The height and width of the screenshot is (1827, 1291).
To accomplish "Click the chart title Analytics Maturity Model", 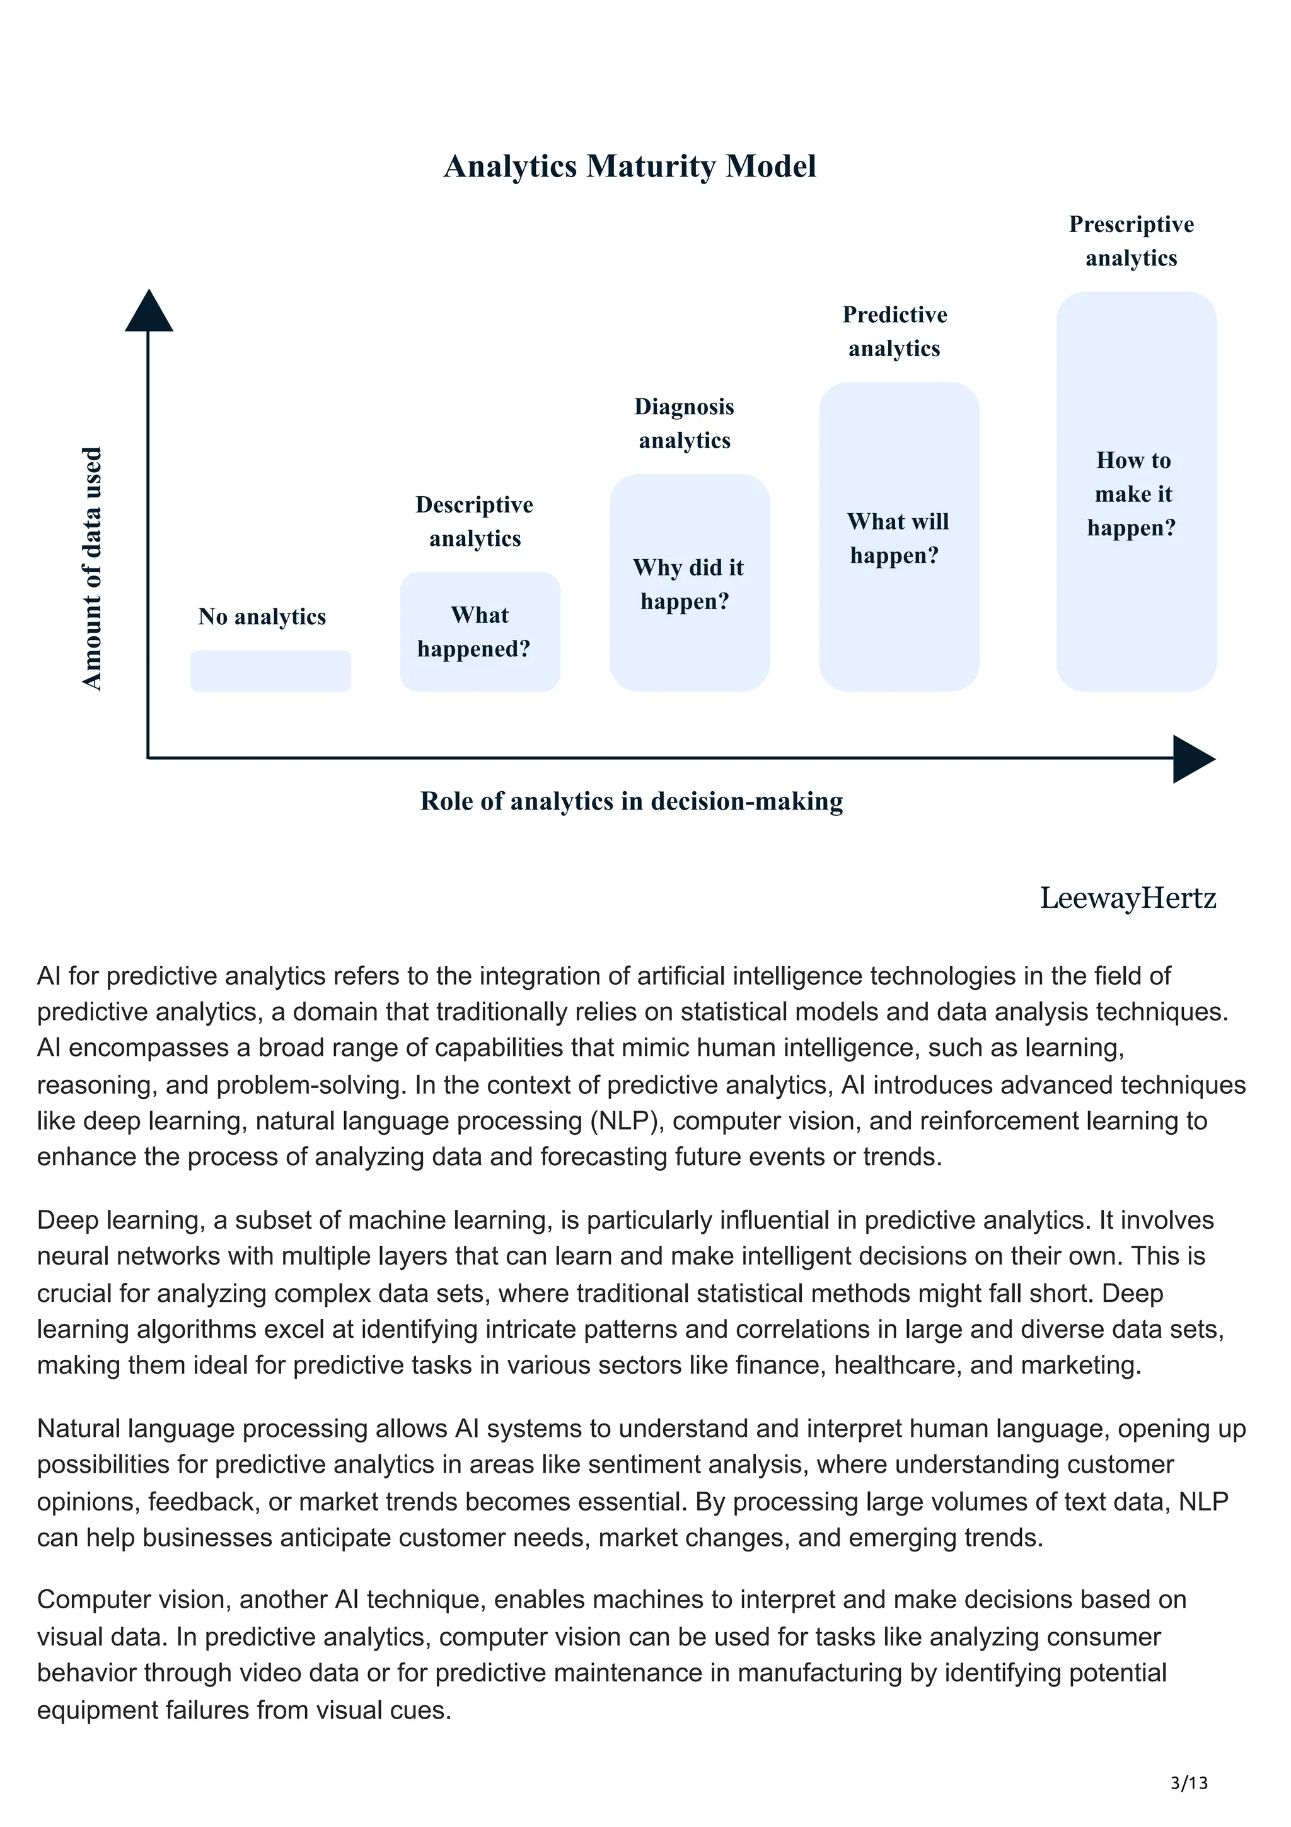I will (629, 166).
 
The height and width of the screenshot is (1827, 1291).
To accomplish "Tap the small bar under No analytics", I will (270, 671).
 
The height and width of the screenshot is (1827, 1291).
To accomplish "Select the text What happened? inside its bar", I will (475, 632).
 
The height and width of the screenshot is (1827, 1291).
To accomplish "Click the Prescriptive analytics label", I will (1131, 240).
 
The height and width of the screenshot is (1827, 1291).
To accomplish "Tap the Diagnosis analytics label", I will (684, 422).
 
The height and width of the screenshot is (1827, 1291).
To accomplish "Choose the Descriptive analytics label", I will (475, 521).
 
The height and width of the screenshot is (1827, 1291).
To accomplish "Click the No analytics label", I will (262, 617).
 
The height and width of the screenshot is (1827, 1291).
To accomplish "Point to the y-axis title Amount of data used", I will (92, 568).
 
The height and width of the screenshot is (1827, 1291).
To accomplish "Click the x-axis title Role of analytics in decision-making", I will (631, 801).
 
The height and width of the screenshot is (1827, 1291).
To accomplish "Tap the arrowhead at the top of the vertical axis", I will (149, 311).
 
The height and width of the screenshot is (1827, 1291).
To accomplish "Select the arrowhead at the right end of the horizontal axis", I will (1193, 758).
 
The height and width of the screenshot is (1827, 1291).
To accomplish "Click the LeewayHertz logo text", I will (1127, 898).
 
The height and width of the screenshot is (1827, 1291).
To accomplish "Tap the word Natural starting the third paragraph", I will (79, 1429).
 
